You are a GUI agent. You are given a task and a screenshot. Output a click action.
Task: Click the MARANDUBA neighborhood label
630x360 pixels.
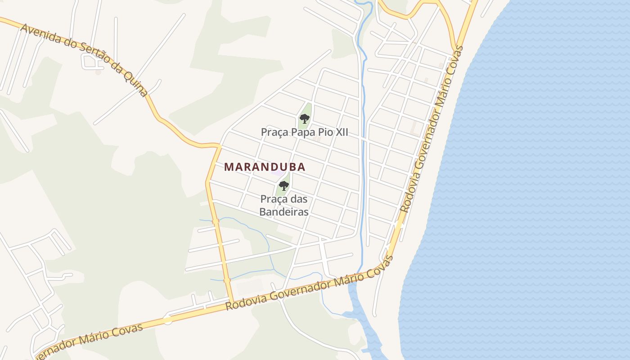tap(265, 167)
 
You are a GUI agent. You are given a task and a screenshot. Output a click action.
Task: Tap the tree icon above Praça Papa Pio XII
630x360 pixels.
tap(305, 119)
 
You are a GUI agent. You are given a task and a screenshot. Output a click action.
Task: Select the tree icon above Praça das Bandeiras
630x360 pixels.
tap(283, 185)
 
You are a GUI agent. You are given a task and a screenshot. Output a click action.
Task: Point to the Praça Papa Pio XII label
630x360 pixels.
tap(304, 132)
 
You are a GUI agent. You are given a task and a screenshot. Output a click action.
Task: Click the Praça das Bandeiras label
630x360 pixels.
tap(283, 205)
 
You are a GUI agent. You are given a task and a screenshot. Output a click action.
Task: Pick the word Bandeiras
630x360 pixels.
tap(283, 211)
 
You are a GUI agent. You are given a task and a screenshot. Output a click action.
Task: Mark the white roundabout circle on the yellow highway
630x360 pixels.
tap(167, 320)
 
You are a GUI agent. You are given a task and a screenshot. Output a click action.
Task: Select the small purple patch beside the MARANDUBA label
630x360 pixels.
tap(278, 173)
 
